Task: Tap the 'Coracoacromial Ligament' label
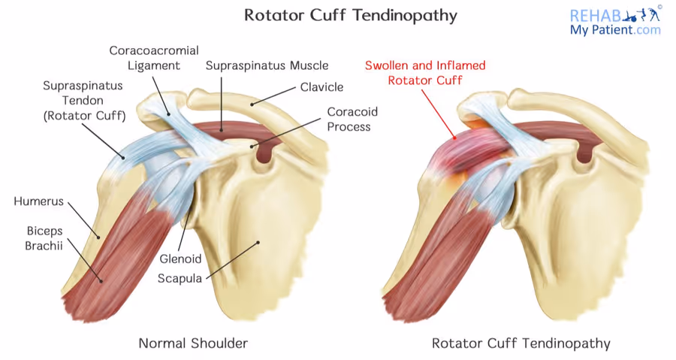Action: (154, 58)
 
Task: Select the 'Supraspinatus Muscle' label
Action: (267, 66)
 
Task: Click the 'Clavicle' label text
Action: (321, 87)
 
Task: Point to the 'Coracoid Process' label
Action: (352, 119)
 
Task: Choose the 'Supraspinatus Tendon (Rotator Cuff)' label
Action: (83, 101)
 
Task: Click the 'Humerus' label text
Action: (38, 201)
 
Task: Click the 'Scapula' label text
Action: (180, 278)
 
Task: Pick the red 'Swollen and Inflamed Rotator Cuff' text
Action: (425, 72)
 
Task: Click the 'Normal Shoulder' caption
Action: (193, 343)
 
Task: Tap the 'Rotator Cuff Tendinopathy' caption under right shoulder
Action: (521, 343)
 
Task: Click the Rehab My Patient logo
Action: (615, 21)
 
